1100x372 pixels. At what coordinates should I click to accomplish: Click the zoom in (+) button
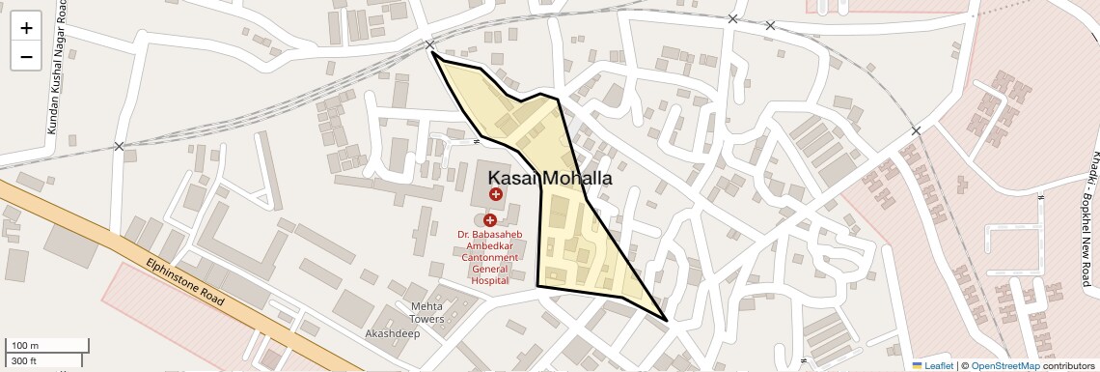coord(26,27)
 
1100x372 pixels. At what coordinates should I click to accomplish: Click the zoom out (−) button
coord(26,56)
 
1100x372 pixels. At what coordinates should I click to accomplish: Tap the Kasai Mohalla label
coord(550,178)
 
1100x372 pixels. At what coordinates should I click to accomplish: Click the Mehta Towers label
coord(426,312)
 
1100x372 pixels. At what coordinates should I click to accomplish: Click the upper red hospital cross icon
coord(496,194)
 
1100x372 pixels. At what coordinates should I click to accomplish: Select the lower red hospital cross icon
coord(490,220)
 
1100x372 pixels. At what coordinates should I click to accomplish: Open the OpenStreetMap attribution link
coord(1004,365)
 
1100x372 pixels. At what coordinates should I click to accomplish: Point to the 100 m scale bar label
coord(25,346)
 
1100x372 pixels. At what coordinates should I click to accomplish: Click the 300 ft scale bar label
coord(24,361)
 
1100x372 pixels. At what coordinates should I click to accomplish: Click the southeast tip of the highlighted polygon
coord(667,320)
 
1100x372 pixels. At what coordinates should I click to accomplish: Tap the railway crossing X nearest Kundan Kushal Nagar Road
coord(119,147)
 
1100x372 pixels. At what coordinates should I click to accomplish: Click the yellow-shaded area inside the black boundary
coord(574,246)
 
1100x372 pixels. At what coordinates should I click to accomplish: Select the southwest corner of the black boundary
coord(537,286)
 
